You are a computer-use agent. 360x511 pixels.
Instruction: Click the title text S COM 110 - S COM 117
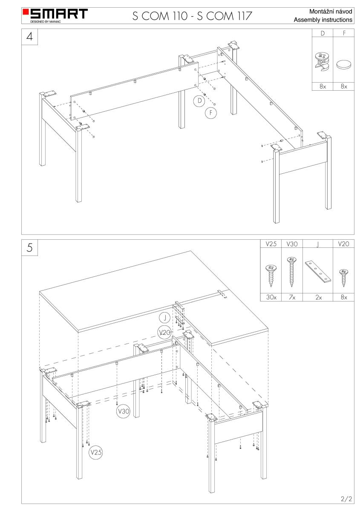click(x=192, y=16)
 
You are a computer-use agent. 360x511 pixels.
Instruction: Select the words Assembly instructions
click(x=323, y=20)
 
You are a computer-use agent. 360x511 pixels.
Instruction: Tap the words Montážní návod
click(x=331, y=11)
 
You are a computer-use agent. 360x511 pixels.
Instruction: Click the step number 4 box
click(x=30, y=37)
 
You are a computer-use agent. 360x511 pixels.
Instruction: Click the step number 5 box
click(x=30, y=248)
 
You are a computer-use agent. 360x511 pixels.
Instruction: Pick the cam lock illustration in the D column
click(x=322, y=61)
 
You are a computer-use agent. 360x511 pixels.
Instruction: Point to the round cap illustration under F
click(x=343, y=64)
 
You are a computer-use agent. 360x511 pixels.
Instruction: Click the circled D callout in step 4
click(x=199, y=100)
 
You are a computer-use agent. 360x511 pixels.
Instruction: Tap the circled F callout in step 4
click(x=211, y=113)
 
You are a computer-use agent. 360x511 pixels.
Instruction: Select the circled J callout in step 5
click(x=164, y=318)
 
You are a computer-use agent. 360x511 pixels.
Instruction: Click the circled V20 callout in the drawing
click(x=164, y=333)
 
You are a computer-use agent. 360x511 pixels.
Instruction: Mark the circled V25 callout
click(x=96, y=452)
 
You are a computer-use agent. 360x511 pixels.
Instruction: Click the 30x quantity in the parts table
click(x=271, y=297)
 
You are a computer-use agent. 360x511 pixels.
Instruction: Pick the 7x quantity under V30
click(x=292, y=297)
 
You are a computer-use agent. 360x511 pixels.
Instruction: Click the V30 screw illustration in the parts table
click(x=291, y=272)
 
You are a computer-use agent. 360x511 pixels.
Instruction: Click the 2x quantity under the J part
click(x=318, y=297)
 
